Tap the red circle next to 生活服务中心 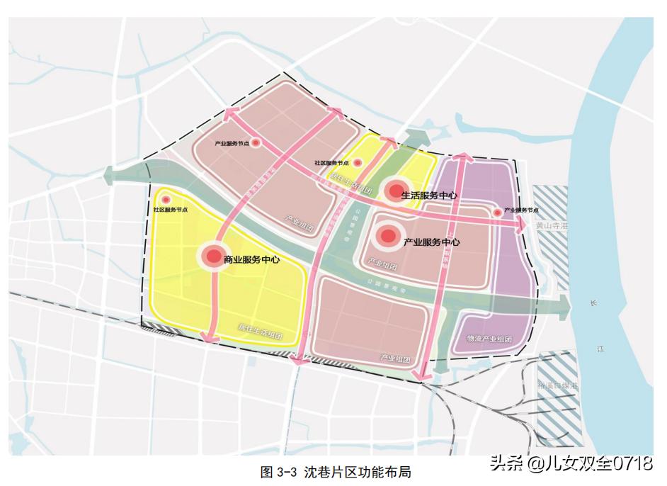click(x=394, y=191)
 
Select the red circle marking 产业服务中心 click(x=387, y=237)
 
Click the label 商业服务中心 click(x=251, y=259)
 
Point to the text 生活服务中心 click(x=428, y=195)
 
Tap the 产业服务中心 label click(x=431, y=242)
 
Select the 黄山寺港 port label click(x=552, y=226)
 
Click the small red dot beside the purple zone click(x=496, y=211)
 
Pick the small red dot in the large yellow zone click(x=166, y=200)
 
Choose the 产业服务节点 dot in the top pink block click(x=257, y=142)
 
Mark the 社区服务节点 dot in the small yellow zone click(x=358, y=163)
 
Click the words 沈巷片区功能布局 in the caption click(x=358, y=472)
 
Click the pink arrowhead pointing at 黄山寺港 click(x=522, y=225)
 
